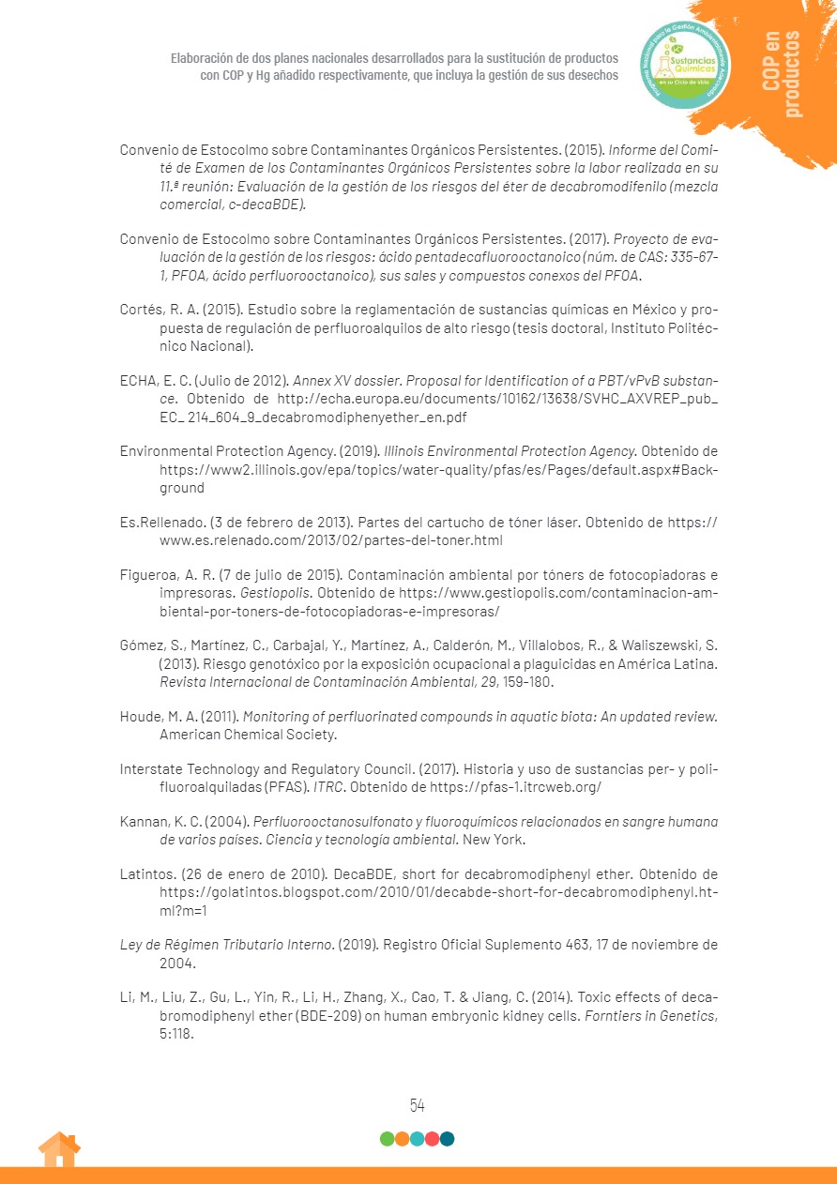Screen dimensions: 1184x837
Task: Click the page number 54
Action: [x=418, y=1105]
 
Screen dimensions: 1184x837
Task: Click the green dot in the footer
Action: [x=387, y=1139]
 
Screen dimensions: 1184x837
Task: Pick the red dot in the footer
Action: [x=432, y=1139]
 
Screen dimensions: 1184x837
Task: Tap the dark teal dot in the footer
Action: [x=447, y=1139]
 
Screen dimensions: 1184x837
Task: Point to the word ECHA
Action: [x=138, y=382]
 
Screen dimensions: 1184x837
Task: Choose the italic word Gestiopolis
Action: [x=277, y=594]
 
